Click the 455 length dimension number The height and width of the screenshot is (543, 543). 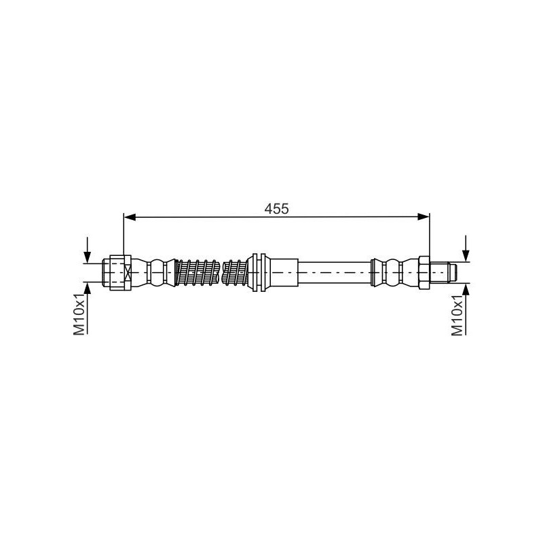pos(277,208)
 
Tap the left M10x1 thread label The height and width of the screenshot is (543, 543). pos(79,314)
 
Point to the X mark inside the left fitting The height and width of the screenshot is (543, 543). pos(127,273)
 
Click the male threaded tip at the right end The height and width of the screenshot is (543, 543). pos(445,273)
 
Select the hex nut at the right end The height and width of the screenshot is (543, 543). pos(424,273)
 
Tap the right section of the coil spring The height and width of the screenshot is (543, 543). pos(238,273)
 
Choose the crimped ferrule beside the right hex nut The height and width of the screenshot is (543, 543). pos(394,273)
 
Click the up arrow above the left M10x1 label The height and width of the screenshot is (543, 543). pos(87,289)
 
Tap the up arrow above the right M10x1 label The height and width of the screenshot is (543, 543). pos(466,288)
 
